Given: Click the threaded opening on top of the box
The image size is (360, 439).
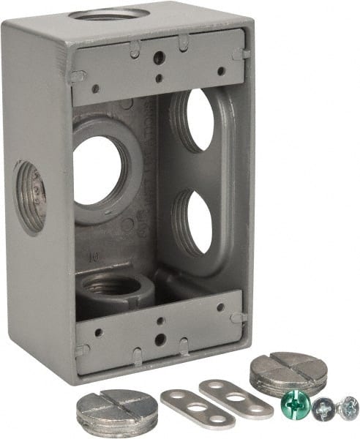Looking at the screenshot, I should tap(113, 14).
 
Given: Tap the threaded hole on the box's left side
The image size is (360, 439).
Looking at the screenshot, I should tap(29, 197).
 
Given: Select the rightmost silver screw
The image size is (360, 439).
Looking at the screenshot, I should tap(348, 407).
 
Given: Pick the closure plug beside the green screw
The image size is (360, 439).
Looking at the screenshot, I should tap(279, 374).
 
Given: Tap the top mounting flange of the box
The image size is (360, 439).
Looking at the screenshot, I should tap(157, 59).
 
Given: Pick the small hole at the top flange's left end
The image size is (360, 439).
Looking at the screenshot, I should tap(95, 89).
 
